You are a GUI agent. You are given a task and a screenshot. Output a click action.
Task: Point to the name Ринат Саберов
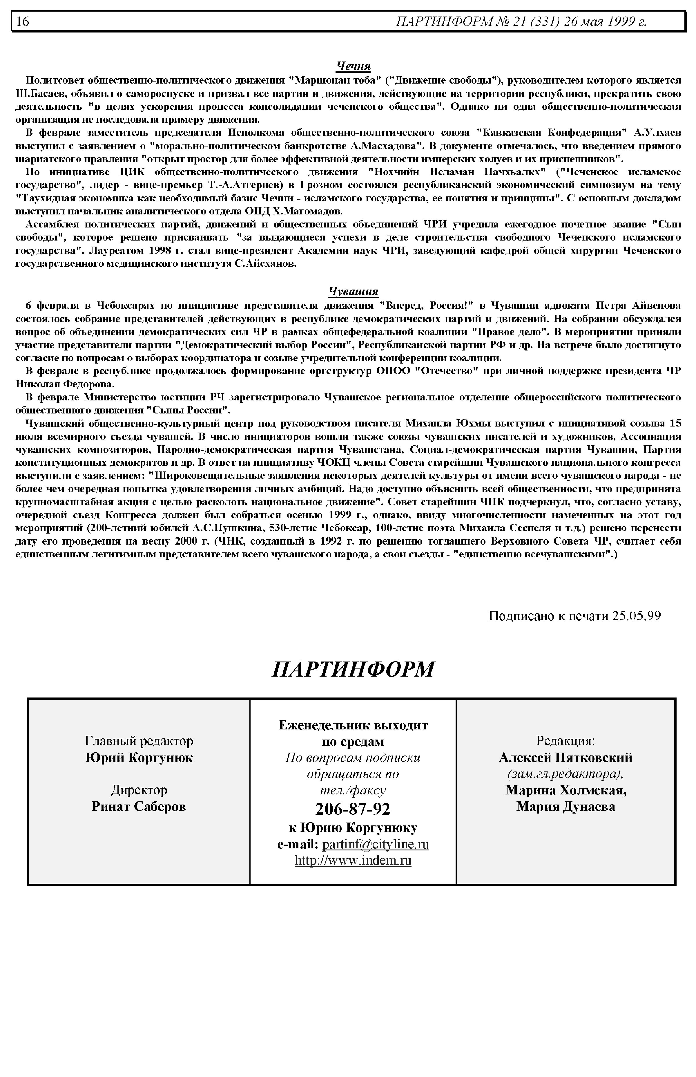pyautogui.click(x=139, y=807)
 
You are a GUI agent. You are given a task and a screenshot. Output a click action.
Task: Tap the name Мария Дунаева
pyautogui.click(x=565, y=807)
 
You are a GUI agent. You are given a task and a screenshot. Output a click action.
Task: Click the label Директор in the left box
pyautogui.click(x=139, y=790)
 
